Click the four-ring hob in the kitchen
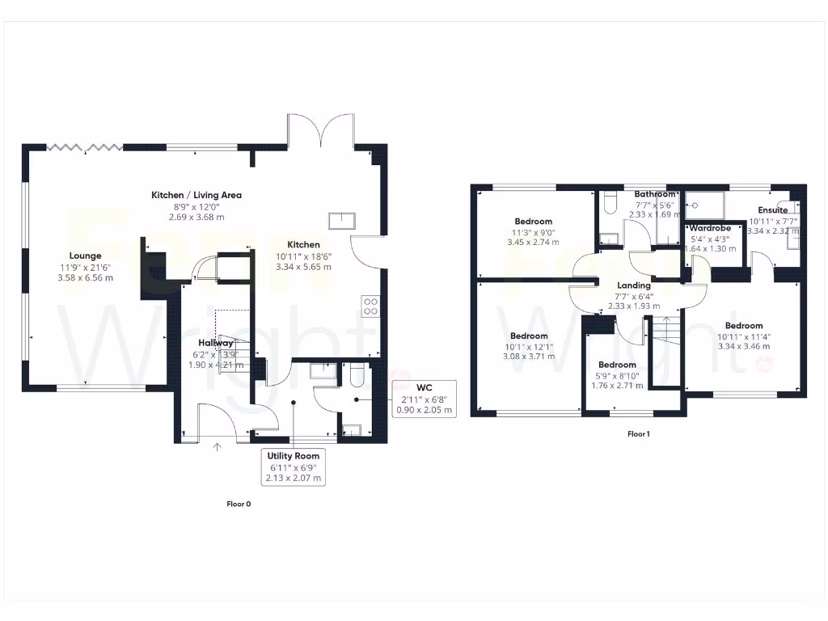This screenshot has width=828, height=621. click(370, 306)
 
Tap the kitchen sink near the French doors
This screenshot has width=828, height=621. click(341, 220)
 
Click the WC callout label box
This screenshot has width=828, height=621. click(424, 399)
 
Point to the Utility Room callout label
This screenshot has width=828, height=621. click(294, 467)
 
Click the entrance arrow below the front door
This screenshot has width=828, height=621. click(217, 445)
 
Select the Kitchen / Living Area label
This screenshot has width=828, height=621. click(196, 195)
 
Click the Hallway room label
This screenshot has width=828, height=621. click(215, 343)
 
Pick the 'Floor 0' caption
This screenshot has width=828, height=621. click(239, 504)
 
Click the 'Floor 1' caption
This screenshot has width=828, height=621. click(639, 434)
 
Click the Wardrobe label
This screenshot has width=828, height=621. click(710, 229)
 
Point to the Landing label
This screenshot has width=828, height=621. click(634, 285)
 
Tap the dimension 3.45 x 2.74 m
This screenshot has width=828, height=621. click(533, 242)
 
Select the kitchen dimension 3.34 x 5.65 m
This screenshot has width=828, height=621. click(304, 266)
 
